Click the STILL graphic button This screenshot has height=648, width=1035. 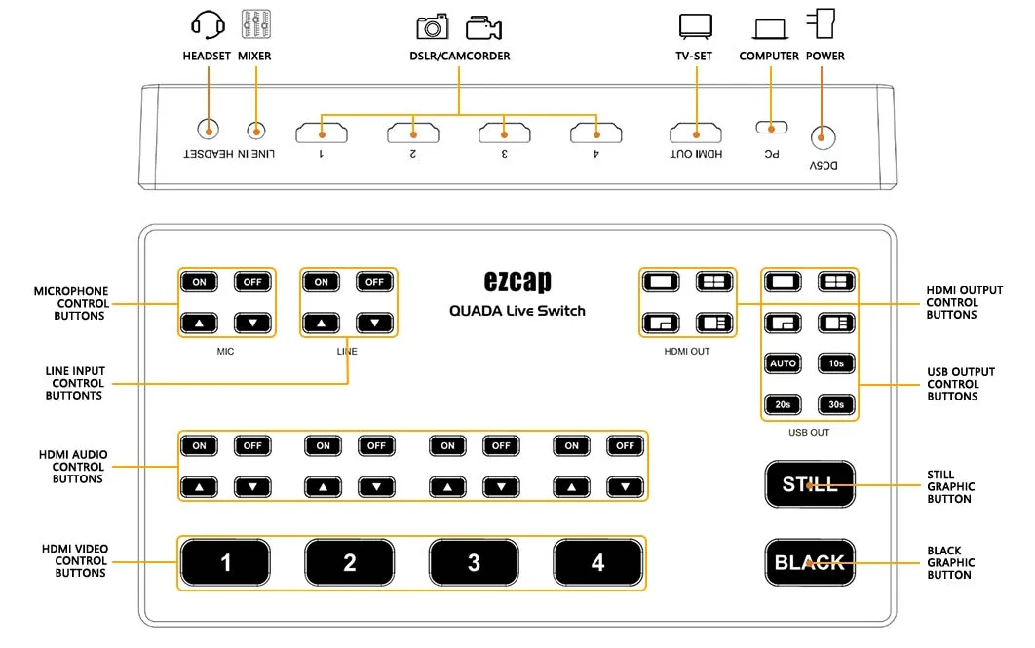click(x=810, y=484)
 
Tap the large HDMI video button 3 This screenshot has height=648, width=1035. click(x=474, y=563)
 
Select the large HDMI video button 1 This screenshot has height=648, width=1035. click(x=225, y=563)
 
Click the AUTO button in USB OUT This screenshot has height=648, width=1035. click(x=783, y=363)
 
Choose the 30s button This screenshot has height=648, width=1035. click(x=836, y=404)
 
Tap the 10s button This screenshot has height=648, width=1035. click(x=836, y=363)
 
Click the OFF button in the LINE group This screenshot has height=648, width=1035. click(x=374, y=282)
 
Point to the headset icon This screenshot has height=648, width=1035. click(x=208, y=25)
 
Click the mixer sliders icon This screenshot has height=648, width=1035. click(x=255, y=23)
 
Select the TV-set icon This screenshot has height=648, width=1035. click(x=696, y=26)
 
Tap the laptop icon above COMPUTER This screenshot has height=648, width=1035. click(x=770, y=29)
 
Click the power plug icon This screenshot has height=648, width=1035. click(x=822, y=23)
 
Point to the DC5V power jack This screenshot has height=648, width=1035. click(x=823, y=138)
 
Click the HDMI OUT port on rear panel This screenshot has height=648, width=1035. click(x=696, y=133)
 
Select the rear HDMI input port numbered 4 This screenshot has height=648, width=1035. click(x=596, y=133)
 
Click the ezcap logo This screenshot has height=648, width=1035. click(x=517, y=281)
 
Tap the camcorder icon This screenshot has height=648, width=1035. click(x=483, y=27)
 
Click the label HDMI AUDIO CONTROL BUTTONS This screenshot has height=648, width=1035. click(x=73, y=467)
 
